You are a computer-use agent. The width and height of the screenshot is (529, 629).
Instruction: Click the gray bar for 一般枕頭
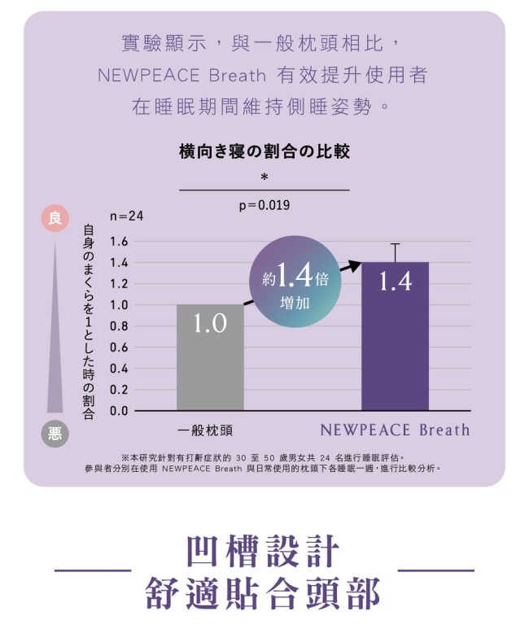click(x=210, y=357)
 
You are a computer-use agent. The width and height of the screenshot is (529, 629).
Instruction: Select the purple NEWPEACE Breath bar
click(x=395, y=336)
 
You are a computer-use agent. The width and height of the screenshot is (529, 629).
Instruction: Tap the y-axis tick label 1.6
click(x=119, y=242)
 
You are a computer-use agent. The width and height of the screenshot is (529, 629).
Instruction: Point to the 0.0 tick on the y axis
click(x=119, y=411)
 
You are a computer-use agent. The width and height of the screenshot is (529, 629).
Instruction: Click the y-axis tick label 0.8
click(x=119, y=326)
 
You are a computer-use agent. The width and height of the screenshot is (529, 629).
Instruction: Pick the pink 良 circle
click(x=55, y=218)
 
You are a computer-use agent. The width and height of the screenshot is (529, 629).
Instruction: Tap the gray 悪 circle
click(x=55, y=433)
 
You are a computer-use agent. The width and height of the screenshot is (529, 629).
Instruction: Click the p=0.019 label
click(x=264, y=205)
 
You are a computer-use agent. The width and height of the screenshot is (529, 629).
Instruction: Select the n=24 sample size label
click(x=126, y=216)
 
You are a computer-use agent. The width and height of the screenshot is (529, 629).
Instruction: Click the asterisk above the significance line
click(x=264, y=177)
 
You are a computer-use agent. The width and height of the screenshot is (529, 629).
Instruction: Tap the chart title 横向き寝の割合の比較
click(x=264, y=151)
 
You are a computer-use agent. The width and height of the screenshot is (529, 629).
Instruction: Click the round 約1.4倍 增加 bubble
click(x=295, y=282)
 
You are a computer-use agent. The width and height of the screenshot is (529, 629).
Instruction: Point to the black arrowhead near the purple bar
click(x=353, y=265)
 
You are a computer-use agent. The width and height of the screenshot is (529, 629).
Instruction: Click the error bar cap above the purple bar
click(x=395, y=243)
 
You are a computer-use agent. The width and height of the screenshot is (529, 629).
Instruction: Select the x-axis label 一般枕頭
click(x=205, y=430)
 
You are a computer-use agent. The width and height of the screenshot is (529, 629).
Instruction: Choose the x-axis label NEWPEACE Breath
click(x=395, y=430)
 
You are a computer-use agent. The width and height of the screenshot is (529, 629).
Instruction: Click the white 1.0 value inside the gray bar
click(x=210, y=323)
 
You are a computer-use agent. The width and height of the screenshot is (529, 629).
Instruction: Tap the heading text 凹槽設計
click(x=264, y=551)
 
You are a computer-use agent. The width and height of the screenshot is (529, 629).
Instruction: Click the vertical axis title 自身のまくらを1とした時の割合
click(x=88, y=322)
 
